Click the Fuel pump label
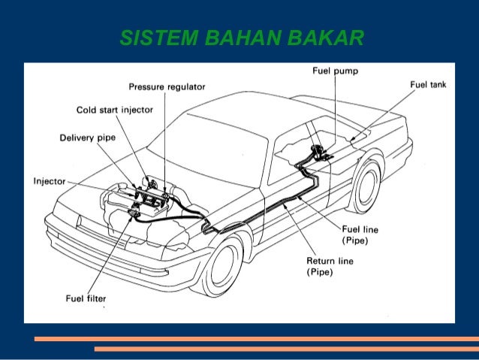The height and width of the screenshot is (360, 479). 335,71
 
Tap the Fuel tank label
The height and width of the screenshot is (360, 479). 427,85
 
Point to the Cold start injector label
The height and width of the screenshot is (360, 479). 115,110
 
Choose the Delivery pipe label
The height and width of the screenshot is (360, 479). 87,138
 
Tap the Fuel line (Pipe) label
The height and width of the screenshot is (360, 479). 360,234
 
